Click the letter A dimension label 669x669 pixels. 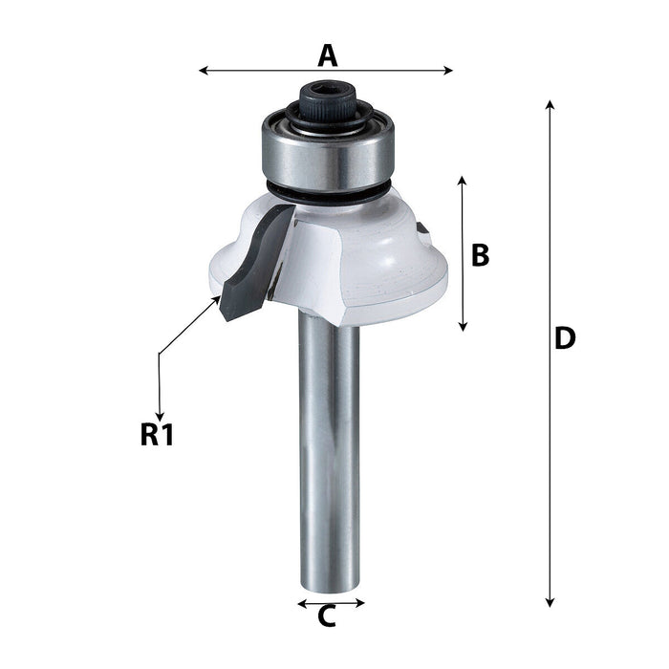click(328, 55)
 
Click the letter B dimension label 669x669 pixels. click(480, 255)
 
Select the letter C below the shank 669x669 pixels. click(327, 617)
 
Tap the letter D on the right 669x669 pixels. click(565, 338)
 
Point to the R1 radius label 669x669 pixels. click(156, 435)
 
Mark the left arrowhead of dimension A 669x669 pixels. click(203, 70)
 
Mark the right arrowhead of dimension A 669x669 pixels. click(449, 70)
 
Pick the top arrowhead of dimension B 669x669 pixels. click(463, 181)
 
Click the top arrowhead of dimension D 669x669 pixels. click(550, 104)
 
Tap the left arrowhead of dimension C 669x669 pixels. click(301, 603)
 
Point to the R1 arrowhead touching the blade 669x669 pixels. click(216, 300)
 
